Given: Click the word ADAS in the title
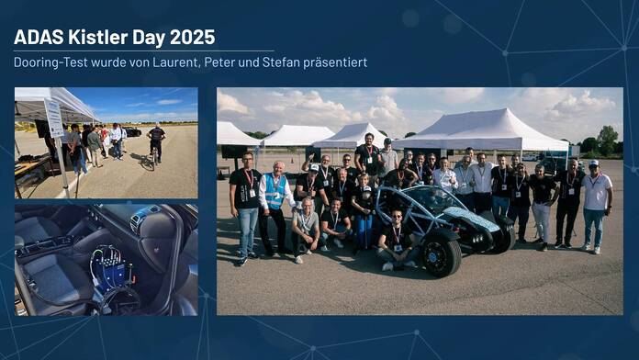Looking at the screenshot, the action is pos(39,37).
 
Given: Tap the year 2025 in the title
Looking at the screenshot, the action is pos(192,37).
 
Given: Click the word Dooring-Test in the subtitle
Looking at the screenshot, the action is pos(50,62).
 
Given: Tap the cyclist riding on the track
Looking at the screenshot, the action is pos(156,143).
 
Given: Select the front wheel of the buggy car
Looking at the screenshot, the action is pos(441,255).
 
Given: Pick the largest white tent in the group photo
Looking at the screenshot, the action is pos(480,130).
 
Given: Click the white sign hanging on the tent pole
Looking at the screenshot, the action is pos(54,118).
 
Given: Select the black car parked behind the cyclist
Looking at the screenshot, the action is pos(131,131).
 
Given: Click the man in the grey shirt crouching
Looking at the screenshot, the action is pos(305,230).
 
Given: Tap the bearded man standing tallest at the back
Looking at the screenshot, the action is pos(368,160).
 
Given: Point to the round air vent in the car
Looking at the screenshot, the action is pos(140,220).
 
